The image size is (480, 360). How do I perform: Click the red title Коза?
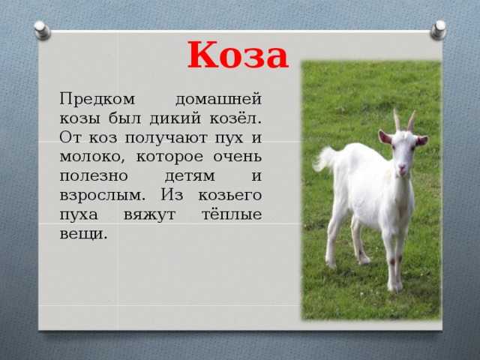click(238, 55)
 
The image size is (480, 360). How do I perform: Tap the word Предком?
click(97, 99)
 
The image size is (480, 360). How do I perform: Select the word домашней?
click(218, 100)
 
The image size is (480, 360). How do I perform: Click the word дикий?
click(175, 118)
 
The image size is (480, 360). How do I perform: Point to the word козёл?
click(235, 118)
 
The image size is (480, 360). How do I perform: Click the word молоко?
click(92, 157)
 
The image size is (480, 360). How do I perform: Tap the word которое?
click(169, 157)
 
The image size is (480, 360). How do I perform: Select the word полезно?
click(94, 176)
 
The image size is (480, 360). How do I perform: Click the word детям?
click(190, 177)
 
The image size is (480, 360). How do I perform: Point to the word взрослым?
click(102, 196)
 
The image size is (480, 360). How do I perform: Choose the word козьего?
click(230, 196)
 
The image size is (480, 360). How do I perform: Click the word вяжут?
click(150, 215)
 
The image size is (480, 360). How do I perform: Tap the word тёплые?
click(232, 214)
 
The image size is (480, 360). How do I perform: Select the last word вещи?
click(83, 234)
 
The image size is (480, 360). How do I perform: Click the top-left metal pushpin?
click(42, 30)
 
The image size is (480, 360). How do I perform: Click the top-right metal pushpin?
click(438, 30)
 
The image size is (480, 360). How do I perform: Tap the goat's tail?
click(325, 158)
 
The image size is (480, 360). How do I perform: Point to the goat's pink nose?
click(403, 169)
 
